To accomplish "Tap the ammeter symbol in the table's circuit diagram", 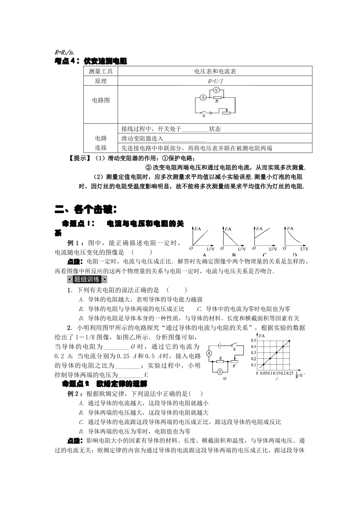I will tap(203, 97).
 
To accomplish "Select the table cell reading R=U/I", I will tap(215, 81).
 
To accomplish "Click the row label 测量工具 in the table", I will tap(101, 71).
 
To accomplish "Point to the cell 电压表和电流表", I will tap(215, 71).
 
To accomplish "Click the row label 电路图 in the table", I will tap(101, 100).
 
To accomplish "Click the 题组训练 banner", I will tap(87, 279).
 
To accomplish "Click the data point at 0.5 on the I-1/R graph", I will tap(290, 341).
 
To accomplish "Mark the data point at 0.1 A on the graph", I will tap(263, 365).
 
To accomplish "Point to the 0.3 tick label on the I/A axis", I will tap(253, 353).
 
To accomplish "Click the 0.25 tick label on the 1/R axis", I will tap(290, 373).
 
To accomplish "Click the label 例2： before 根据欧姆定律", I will tap(75, 394).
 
